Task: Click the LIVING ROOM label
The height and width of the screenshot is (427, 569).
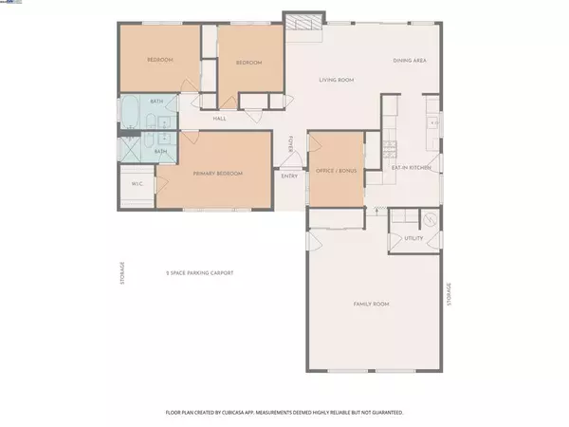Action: point(336,81)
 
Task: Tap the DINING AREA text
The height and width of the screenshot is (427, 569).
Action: point(410,62)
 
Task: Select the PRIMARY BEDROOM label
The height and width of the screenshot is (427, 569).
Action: point(218,174)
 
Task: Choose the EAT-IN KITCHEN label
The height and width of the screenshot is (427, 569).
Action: point(412,167)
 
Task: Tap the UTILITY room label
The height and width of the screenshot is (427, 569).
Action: point(413,238)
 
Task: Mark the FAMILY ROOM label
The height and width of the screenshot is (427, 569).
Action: point(371,304)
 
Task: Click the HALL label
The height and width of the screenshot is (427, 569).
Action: point(219,119)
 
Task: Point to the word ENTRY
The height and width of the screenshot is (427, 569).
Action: point(288,175)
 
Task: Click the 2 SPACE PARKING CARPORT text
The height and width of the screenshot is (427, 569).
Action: point(199,272)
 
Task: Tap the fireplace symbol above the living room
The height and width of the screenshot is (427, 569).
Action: point(300,23)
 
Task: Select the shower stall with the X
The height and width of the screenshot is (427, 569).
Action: point(129,149)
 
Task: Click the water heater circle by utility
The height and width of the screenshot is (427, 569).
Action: point(429,219)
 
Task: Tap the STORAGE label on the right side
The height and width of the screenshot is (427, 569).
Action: point(450,294)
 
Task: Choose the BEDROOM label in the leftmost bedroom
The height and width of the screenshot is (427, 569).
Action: point(158,61)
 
